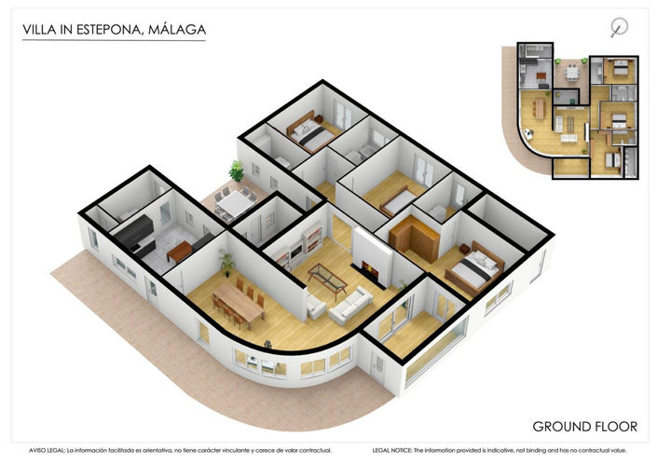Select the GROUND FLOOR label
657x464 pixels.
584,427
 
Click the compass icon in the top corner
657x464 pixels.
618,26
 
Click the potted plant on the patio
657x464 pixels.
237,171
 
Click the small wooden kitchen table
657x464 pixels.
181,249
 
